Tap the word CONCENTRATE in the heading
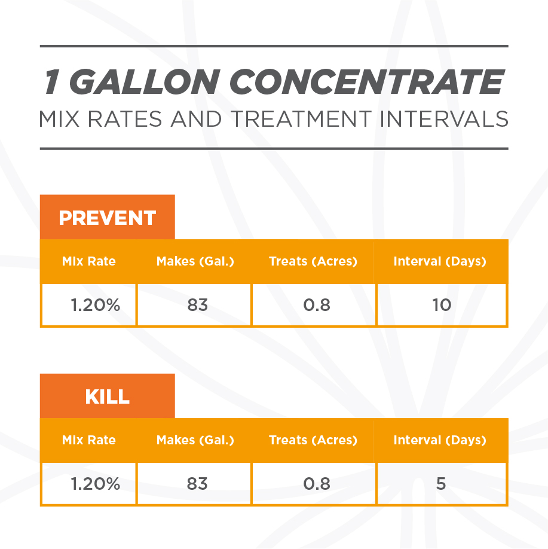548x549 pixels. [367, 81]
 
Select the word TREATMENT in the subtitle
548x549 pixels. [301, 119]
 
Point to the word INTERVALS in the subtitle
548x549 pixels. [444, 119]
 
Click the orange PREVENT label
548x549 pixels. [108, 218]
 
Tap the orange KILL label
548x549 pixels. [108, 396]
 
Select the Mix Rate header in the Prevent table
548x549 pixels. [89, 261]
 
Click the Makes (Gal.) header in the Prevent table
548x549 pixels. [195, 261]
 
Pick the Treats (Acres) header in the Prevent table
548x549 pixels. [313, 261]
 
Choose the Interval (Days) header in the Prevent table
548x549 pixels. [440, 261]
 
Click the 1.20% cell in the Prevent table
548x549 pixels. [89, 304]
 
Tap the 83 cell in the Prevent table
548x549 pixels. [194, 304]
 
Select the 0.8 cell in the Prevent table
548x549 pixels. [314, 304]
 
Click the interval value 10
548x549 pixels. [442, 304]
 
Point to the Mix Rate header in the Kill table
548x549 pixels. [89, 440]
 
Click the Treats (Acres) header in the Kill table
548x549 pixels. [313, 440]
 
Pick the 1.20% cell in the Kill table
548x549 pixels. [89, 484]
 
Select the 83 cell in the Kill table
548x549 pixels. [194, 484]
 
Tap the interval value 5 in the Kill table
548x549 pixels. [441, 484]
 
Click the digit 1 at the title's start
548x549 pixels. [52, 81]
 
